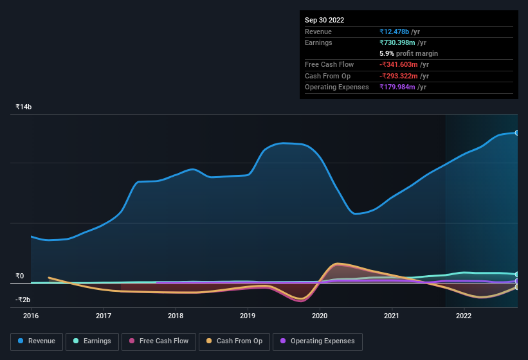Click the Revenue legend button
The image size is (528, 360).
(x=37, y=341)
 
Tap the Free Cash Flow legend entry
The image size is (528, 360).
(x=159, y=341)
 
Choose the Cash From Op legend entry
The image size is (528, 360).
(x=235, y=341)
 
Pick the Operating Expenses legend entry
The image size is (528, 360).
(x=318, y=341)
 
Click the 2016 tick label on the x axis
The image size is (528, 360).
(x=31, y=316)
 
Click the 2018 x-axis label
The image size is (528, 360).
(x=176, y=316)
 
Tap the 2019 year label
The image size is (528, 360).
(x=248, y=316)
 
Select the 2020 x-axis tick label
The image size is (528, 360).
(x=320, y=316)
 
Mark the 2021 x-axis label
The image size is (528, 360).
(x=392, y=316)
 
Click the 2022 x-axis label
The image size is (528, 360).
(x=464, y=316)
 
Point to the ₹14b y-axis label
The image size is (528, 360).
(x=23, y=107)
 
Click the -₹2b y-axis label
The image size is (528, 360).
(x=23, y=300)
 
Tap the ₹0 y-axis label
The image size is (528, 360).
(x=20, y=276)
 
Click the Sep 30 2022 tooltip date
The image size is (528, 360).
(x=325, y=20)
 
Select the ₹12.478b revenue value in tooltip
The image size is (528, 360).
(x=399, y=32)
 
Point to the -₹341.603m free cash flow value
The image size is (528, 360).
(x=404, y=65)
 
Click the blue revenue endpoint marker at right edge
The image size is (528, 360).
(x=517, y=132)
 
